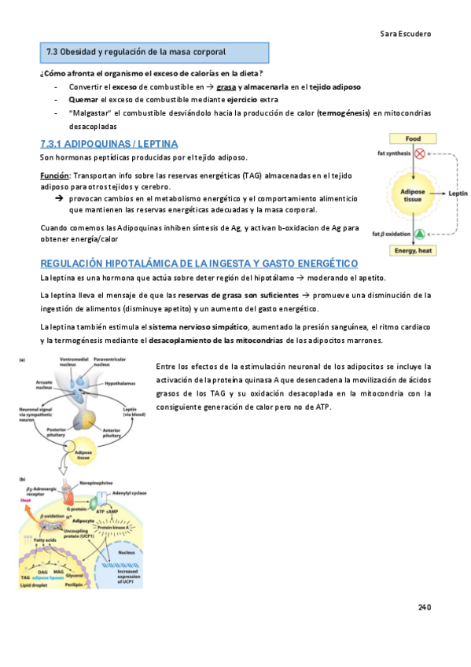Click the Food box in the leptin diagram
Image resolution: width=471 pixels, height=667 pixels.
(414, 138)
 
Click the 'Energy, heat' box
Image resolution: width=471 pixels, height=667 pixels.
(414, 250)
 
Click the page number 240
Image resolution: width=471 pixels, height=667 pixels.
(425, 608)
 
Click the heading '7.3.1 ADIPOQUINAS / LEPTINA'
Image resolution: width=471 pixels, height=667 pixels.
(109, 144)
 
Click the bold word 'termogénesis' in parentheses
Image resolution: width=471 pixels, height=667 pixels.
(344, 112)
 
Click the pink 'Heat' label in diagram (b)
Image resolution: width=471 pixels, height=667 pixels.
(25, 499)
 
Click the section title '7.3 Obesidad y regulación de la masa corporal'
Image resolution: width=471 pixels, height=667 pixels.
(136, 52)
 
